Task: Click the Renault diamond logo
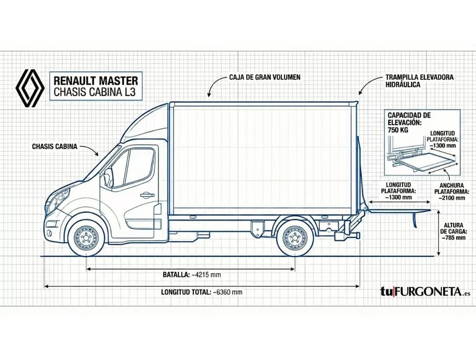coord(30,86)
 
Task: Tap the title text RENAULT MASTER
coord(96,80)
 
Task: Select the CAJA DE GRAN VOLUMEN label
coord(265,77)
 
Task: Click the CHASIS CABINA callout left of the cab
coord(55,147)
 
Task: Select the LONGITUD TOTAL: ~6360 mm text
coord(202,292)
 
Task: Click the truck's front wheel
coord(86,237)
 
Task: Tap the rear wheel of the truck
coord(295,237)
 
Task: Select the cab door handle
coord(147,195)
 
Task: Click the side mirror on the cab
coord(109,177)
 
